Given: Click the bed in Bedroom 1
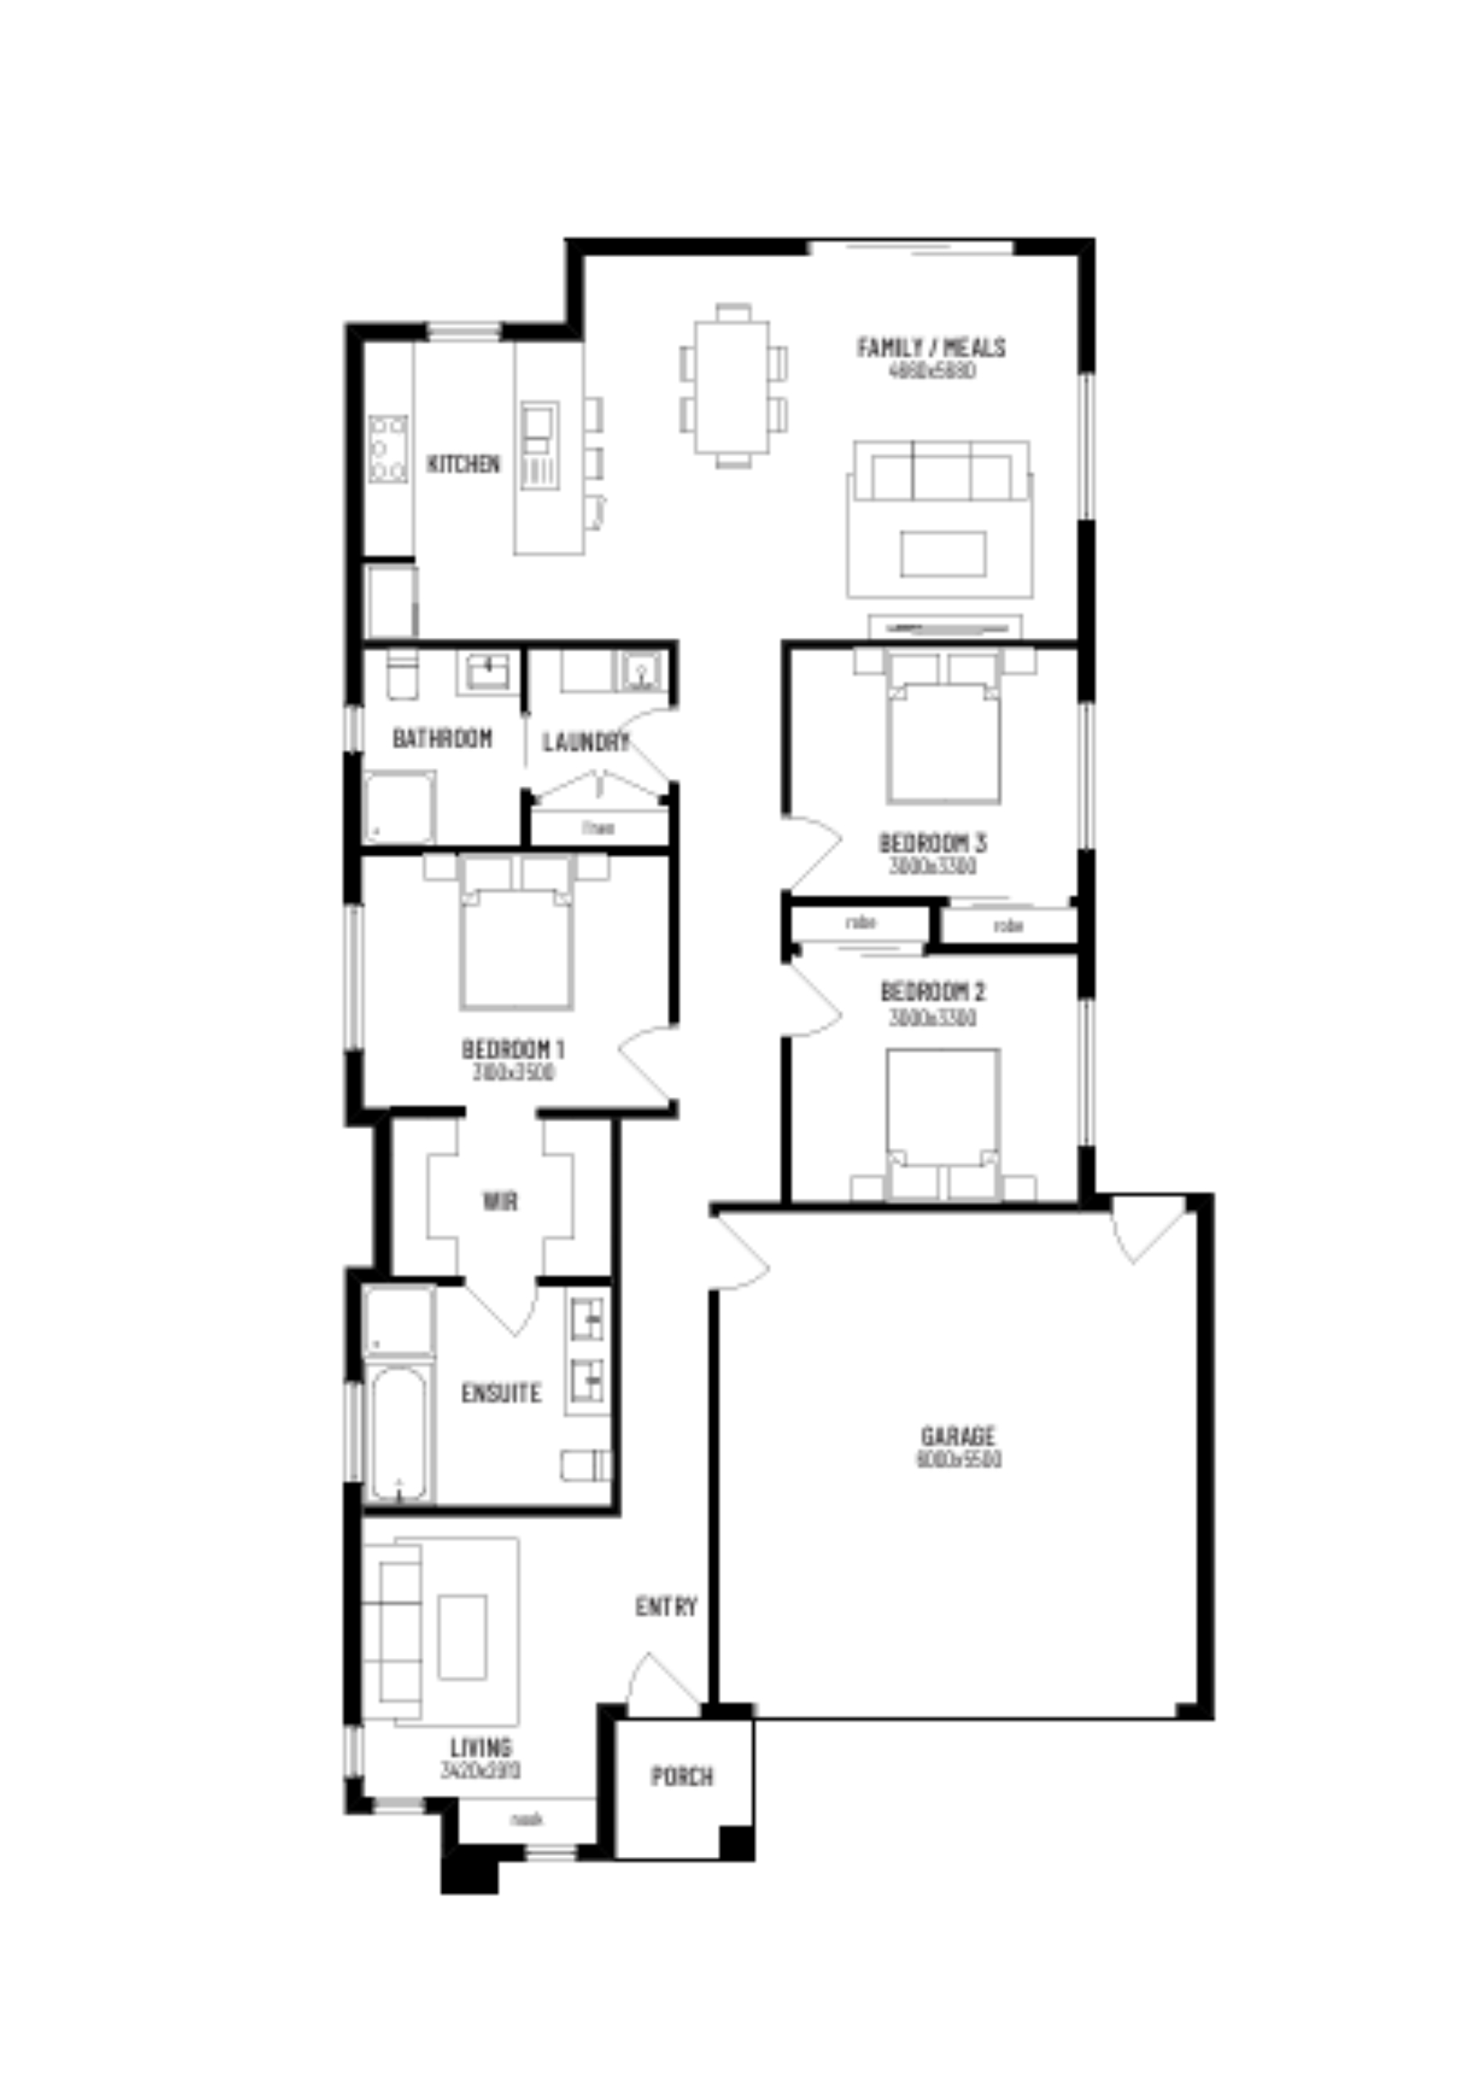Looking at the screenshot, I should [x=517, y=940].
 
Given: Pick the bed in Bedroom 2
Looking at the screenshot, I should [x=942, y=1118].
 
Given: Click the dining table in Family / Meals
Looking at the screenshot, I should [x=732, y=386].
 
